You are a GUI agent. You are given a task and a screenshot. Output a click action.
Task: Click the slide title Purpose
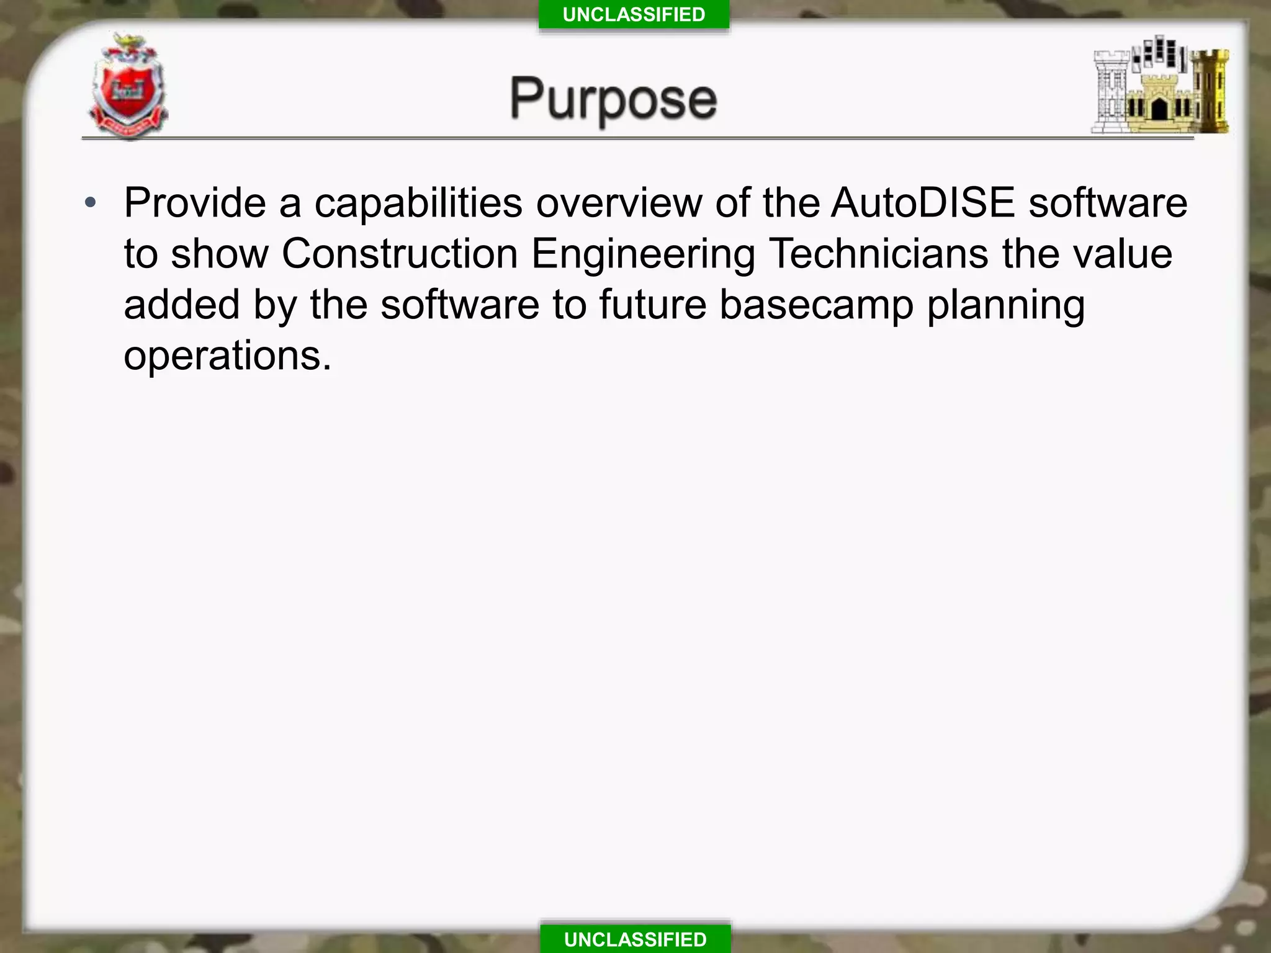click(x=613, y=99)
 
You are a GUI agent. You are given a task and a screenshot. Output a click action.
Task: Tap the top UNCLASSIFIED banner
click(x=634, y=14)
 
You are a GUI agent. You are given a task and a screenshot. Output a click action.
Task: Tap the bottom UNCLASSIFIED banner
click(x=635, y=939)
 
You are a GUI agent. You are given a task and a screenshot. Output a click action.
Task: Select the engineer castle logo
click(x=1159, y=86)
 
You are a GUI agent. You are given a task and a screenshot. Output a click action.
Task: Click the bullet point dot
click(x=91, y=203)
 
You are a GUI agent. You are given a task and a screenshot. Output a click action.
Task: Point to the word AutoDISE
click(x=923, y=203)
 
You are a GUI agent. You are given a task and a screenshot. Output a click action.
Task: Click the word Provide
click(x=195, y=203)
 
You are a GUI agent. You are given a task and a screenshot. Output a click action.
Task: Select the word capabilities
click(x=418, y=204)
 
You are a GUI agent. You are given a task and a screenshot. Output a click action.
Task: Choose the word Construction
click(x=400, y=254)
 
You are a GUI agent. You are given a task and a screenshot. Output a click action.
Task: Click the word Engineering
click(x=643, y=255)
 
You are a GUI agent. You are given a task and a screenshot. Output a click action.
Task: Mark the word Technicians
click(x=878, y=254)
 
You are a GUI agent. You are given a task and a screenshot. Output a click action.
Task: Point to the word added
click(x=182, y=305)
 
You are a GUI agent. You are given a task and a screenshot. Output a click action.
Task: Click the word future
click(x=652, y=305)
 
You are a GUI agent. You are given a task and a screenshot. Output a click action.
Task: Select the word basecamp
click(x=816, y=306)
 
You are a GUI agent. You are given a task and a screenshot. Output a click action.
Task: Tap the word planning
click(x=1005, y=306)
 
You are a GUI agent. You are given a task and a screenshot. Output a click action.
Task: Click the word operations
click(x=227, y=357)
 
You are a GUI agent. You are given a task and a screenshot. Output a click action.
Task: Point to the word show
click(x=219, y=254)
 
